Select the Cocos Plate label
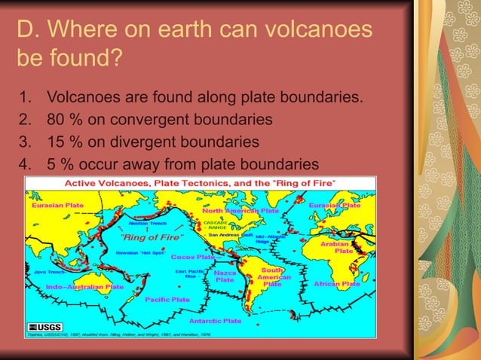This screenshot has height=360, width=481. coord(192,257)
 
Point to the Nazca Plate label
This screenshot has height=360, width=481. coord(225,276)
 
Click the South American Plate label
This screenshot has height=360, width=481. coord(272,276)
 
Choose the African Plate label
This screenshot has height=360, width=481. coord(336,284)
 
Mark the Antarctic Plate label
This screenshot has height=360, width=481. coord(215,320)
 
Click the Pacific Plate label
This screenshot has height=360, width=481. coord(167,299)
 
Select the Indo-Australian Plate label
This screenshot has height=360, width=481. coord(85,287)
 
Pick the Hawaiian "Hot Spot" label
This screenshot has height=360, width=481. coord(142,252)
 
